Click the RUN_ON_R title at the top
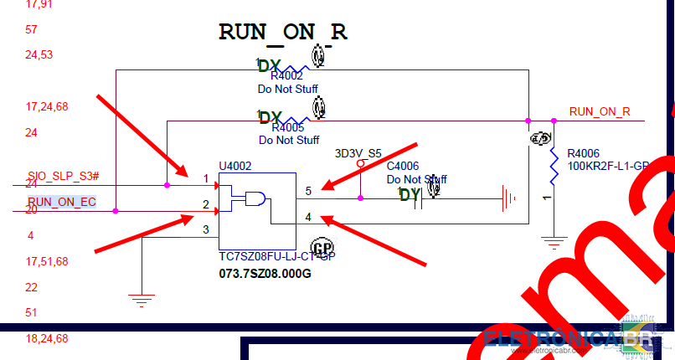coord(282,32)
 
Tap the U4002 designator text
coord(234,166)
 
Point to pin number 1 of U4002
coord(205,179)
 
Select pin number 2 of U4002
coord(205,204)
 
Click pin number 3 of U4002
coord(205,229)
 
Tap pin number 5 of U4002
coord(308,192)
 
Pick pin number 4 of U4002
coord(308,217)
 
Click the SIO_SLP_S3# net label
coord(63,176)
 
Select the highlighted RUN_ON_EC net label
coord(62,202)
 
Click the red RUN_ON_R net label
coord(599,111)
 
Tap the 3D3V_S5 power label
coord(358,154)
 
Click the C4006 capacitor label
coord(402,167)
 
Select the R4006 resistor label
coord(583,154)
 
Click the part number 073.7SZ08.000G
coord(265,274)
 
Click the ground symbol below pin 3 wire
coord(142,298)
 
